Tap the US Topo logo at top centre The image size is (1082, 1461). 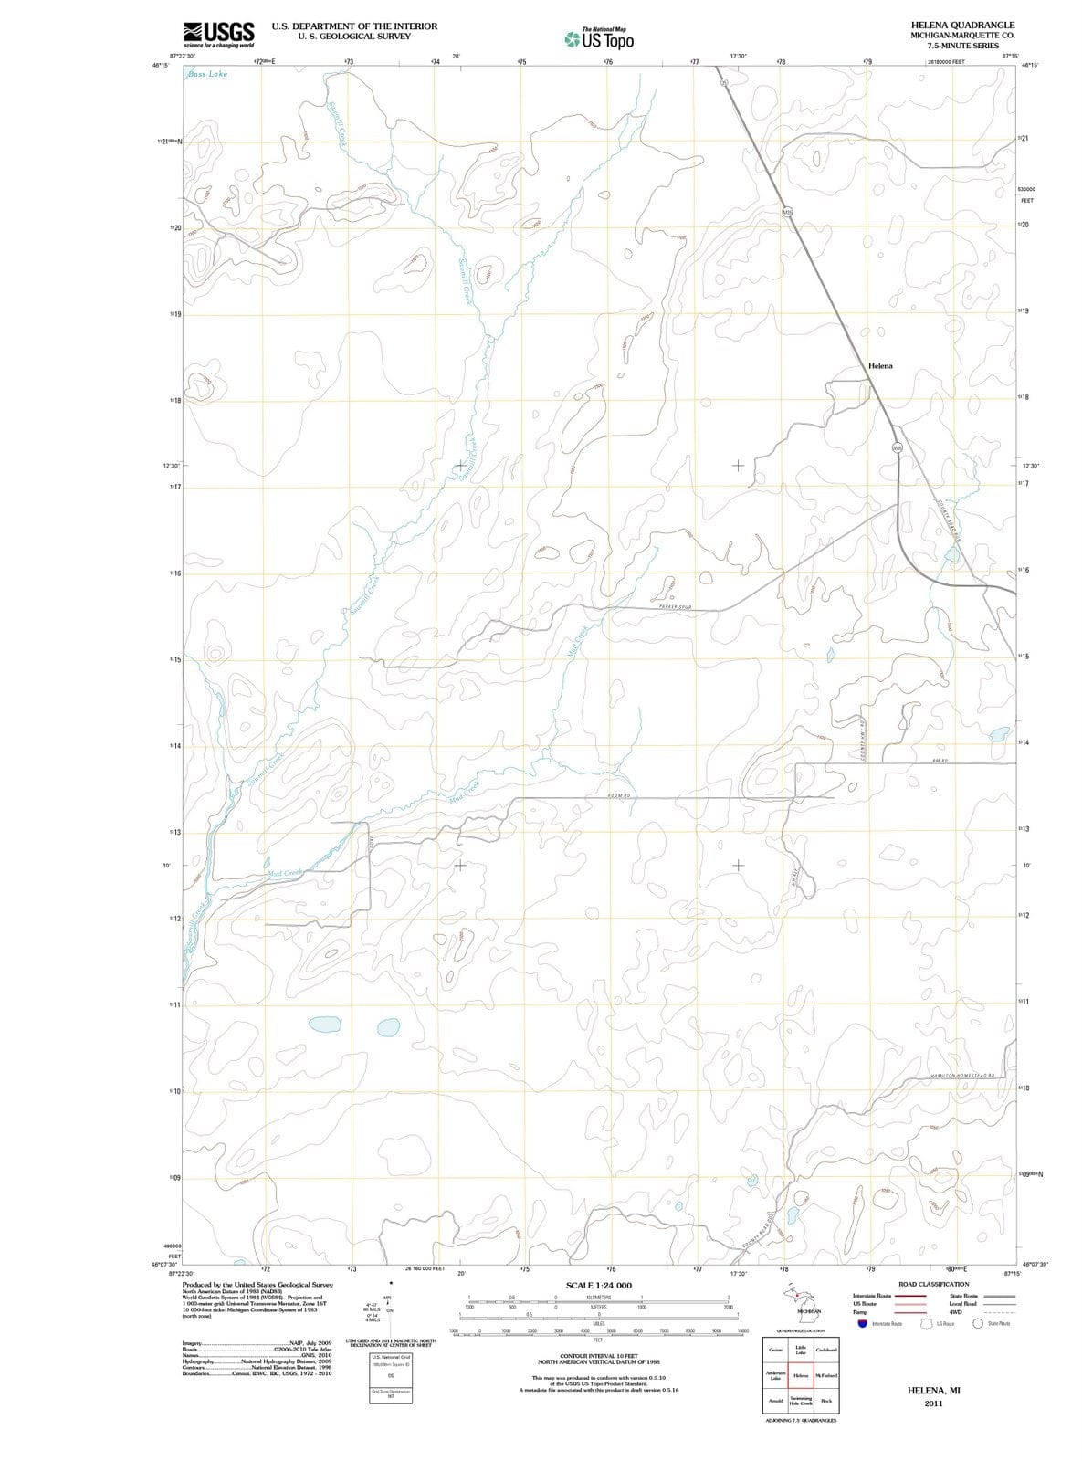[599, 39]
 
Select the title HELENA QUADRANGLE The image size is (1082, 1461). [962, 25]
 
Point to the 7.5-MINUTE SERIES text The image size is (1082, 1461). [962, 45]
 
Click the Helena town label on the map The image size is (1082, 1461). [880, 365]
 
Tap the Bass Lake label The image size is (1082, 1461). [207, 74]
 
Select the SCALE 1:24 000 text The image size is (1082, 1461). [599, 1286]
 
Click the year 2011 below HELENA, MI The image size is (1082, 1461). [932, 1403]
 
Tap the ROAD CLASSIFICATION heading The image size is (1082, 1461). [933, 1284]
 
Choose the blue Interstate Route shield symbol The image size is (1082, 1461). [862, 1323]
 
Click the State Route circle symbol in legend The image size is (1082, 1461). [978, 1323]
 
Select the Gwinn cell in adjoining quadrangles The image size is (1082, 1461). [776, 1351]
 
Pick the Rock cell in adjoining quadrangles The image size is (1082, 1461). [826, 1401]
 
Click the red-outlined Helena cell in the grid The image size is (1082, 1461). [801, 1375]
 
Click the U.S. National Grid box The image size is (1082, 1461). [390, 1357]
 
